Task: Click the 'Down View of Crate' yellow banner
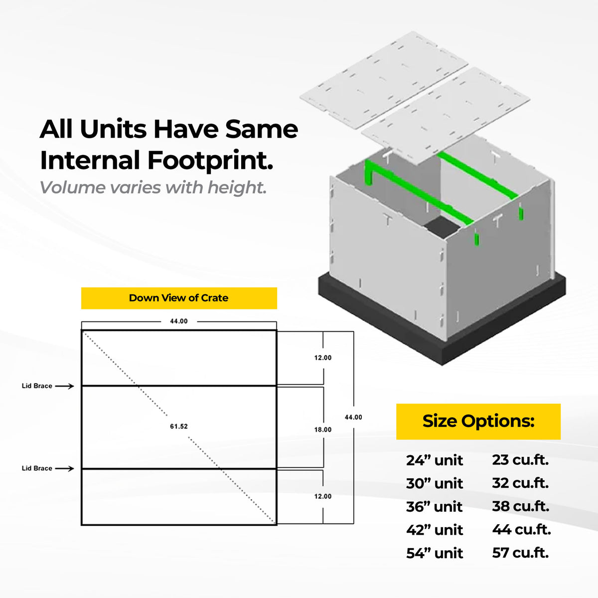pos(179,298)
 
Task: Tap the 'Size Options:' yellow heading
pos(478,422)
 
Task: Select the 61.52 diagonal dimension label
pos(179,427)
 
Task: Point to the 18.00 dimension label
pos(323,430)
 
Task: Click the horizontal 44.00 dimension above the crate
pos(179,321)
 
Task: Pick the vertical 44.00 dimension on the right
pos(353,417)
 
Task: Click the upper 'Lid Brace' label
pos(37,386)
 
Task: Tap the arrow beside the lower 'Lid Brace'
pos(65,468)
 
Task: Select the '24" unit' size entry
pos(435,460)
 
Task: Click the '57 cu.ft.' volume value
pos(520,553)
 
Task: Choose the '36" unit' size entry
pos(435,507)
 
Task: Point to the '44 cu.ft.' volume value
pos(522,530)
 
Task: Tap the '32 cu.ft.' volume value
pos(520,483)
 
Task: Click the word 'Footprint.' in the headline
pos(210,161)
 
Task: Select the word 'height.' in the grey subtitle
pos(237,187)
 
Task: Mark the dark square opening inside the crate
pos(442,227)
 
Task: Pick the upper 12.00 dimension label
pos(323,358)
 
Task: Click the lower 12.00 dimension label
pos(323,496)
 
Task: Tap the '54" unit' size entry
pos(435,553)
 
